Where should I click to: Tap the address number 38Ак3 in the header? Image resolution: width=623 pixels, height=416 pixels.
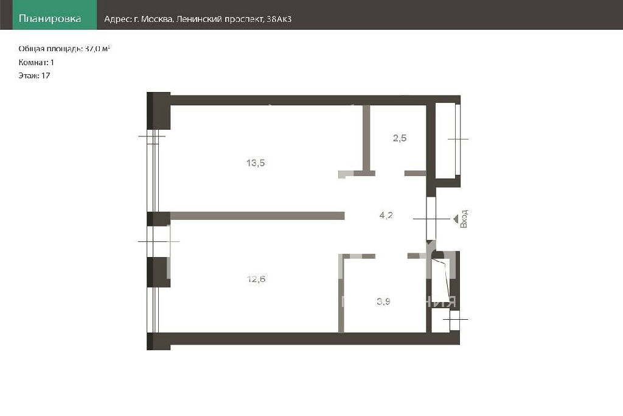(279, 19)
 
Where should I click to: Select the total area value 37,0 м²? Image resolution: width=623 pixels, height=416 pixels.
(97, 49)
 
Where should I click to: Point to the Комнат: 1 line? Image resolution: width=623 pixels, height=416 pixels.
(36, 63)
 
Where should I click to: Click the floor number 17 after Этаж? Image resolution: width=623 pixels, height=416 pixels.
(46, 76)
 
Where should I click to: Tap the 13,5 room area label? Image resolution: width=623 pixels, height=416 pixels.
(256, 163)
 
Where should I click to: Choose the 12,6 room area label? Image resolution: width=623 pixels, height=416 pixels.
(256, 279)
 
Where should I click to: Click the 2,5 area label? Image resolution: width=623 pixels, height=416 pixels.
(400, 138)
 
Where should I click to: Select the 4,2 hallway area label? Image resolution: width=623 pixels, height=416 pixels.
(386, 215)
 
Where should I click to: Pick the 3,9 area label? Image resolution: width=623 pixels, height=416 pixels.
(383, 301)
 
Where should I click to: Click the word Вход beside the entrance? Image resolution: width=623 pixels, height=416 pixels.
(464, 219)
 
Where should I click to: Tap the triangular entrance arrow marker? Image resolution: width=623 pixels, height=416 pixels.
(456, 219)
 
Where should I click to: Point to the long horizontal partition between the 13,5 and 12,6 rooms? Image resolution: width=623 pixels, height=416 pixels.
(257, 216)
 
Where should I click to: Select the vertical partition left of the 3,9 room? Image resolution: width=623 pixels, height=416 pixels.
(341, 294)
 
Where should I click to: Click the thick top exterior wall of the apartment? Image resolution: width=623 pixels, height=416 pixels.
(316, 100)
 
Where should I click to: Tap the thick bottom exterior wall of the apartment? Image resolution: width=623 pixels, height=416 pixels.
(315, 339)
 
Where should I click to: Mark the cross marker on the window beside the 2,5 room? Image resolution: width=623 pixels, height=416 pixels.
(458, 139)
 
